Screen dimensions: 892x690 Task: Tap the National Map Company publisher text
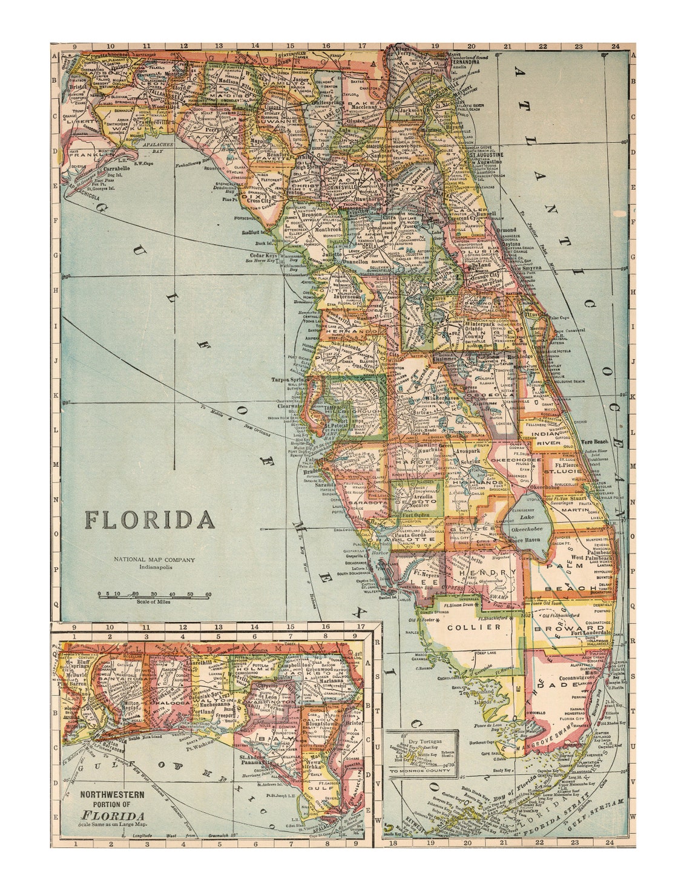coord(155,560)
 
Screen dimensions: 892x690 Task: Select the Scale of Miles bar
coord(155,596)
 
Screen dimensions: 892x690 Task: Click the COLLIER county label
coord(474,627)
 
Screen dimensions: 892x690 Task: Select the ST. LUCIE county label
coord(562,470)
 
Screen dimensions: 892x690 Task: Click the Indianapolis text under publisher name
coord(156,568)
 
